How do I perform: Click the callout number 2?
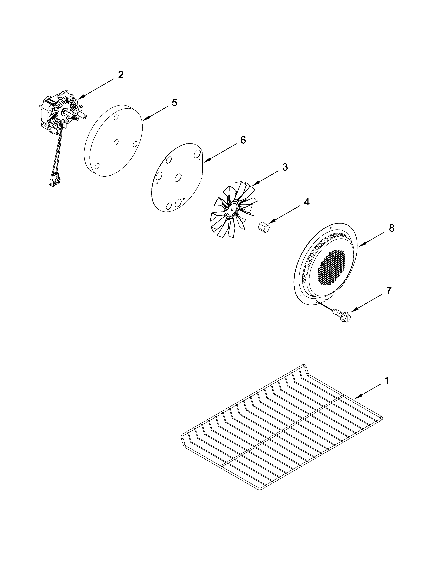pyautogui.click(x=121, y=75)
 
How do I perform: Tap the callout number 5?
pyautogui.click(x=174, y=103)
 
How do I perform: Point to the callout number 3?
pyautogui.click(x=285, y=167)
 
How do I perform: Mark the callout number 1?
pyautogui.click(x=387, y=381)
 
